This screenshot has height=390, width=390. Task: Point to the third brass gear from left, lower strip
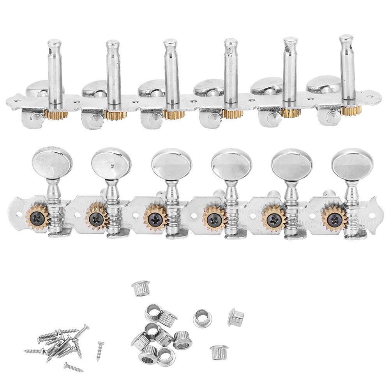(154, 218)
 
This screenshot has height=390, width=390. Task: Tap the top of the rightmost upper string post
(346, 39)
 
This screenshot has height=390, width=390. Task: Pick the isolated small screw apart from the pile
(100, 351)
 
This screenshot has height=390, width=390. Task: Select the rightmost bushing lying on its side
(236, 317)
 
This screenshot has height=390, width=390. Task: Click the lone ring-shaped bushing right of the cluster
(202, 318)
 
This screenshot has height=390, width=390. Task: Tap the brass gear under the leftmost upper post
(56, 114)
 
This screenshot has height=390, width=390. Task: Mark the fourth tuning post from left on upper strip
(231, 74)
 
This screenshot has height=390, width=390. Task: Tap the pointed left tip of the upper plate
(8, 102)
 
